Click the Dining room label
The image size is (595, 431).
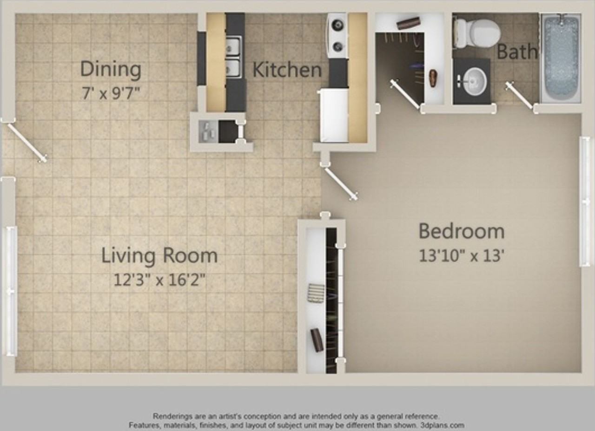[x=111, y=69]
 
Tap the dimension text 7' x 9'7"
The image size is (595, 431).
[x=111, y=93]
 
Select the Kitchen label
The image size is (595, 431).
[x=287, y=70]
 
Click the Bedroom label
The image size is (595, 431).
[x=462, y=231]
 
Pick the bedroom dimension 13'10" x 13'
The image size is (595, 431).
[x=462, y=256]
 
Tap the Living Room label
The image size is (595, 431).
[x=159, y=255]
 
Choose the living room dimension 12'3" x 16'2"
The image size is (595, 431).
[x=159, y=280]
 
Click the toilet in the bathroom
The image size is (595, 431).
[x=477, y=33]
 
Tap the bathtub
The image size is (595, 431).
[x=561, y=58]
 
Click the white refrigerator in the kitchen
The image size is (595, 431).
[x=334, y=116]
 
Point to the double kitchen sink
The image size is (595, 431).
[x=233, y=57]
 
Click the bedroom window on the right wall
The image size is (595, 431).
[x=584, y=202]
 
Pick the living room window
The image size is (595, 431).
[x=11, y=291]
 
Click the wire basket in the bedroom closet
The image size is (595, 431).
[x=316, y=293]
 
